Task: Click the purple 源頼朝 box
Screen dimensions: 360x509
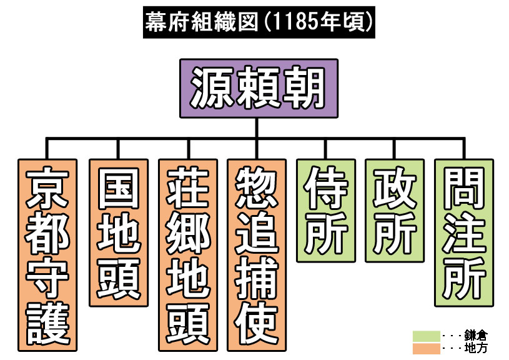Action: [258, 88]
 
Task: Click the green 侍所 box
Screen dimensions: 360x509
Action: [325, 211]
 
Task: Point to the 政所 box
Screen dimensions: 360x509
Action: [395, 211]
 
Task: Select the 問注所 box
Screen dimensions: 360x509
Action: [464, 232]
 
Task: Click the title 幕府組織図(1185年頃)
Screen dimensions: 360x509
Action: [259, 22]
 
